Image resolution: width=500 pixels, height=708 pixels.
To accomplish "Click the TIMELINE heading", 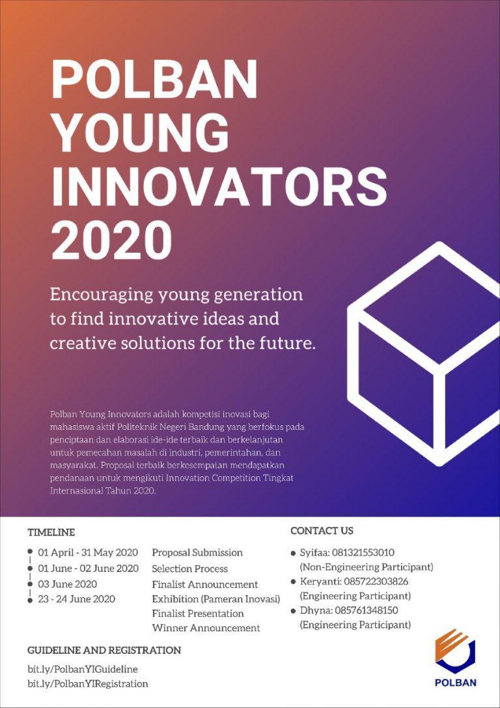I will point(51,532).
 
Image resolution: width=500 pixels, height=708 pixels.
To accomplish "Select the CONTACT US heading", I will point(322,531).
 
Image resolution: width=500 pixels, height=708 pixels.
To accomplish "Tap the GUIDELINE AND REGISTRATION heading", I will point(104,650).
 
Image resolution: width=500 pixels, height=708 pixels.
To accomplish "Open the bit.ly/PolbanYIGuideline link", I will point(83,669).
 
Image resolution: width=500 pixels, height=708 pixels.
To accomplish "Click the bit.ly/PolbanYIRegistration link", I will point(88,684).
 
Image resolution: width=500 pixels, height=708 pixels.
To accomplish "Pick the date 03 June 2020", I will point(67,584).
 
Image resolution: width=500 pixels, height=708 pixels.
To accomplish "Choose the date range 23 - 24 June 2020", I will point(76,599).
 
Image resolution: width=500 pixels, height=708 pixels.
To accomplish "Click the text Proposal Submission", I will point(197,553).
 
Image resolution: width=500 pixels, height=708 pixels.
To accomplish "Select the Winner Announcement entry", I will point(206,628).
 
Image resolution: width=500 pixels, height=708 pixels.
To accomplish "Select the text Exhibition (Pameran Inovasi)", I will point(215,599).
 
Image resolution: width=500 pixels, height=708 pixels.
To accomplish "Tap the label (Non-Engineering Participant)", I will point(366,567).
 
